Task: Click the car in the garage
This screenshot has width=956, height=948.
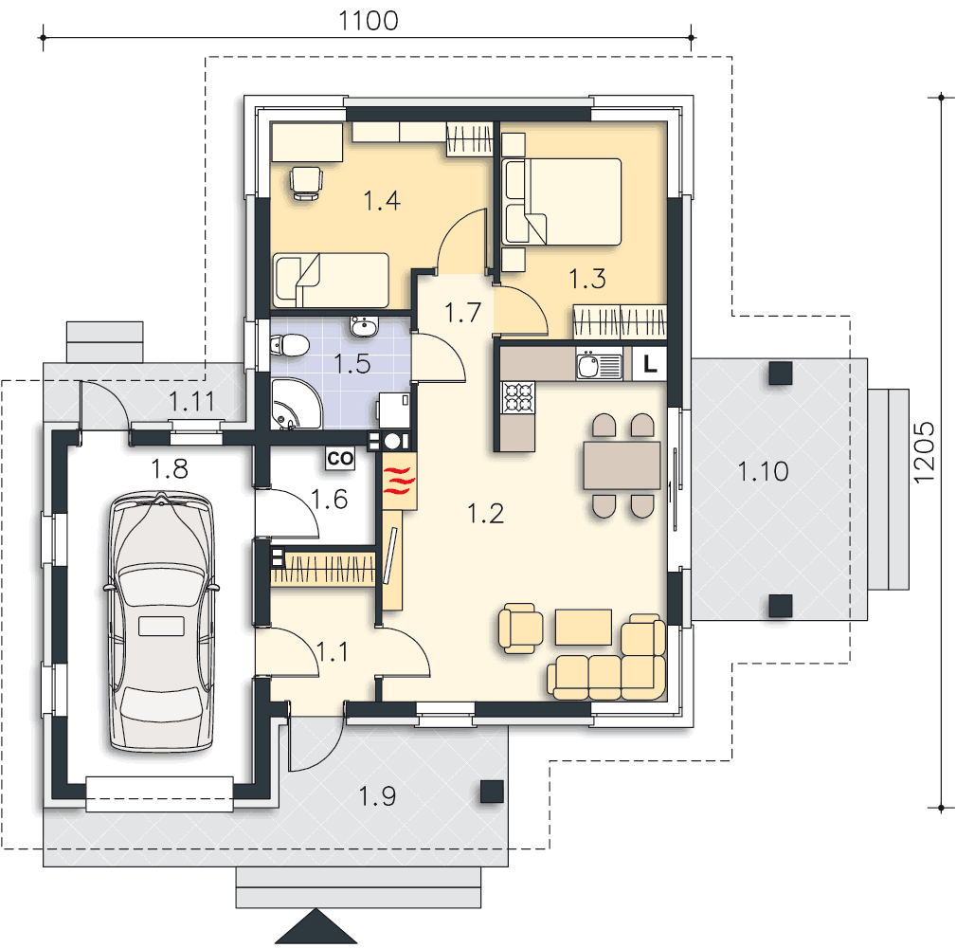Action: click(161, 622)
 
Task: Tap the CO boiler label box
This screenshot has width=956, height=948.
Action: click(340, 459)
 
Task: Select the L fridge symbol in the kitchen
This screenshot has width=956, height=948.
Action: click(649, 364)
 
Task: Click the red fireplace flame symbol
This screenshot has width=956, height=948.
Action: click(399, 481)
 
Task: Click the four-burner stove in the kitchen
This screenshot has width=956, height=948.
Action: click(517, 398)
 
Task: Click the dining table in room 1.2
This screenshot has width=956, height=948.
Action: click(622, 465)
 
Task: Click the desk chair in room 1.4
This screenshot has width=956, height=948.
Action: click(306, 183)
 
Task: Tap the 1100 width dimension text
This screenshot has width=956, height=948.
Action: click(369, 21)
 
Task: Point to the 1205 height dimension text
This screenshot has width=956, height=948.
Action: click(924, 452)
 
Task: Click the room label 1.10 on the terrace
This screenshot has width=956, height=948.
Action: click(764, 471)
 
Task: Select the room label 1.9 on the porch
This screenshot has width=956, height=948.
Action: click(377, 796)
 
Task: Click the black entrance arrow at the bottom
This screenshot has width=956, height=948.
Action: click(316, 927)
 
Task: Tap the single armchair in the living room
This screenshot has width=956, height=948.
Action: click(521, 629)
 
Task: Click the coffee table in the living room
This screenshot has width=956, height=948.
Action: click(584, 627)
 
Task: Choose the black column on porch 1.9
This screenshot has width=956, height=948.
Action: click(492, 792)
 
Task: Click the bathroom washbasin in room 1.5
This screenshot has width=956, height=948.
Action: click(365, 326)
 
